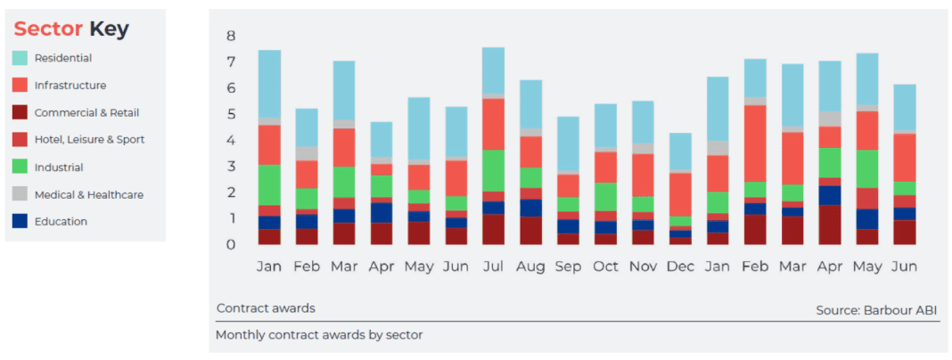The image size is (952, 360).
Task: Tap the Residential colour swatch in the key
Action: [x=20, y=58]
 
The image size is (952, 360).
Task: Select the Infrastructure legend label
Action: [x=70, y=86]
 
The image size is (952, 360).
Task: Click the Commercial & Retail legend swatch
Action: [x=20, y=113]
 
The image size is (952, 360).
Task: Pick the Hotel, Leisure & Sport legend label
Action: [x=89, y=140]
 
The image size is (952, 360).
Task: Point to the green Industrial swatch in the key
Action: [x=20, y=168]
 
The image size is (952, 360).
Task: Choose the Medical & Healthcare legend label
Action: [x=89, y=194]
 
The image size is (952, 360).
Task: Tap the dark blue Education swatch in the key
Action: [x=20, y=222]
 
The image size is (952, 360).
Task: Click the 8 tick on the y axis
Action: [x=230, y=37]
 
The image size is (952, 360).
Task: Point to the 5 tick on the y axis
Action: [x=230, y=115]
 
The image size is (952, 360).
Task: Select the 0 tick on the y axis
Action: [x=230, y=245]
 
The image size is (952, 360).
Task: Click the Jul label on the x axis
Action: [x=493, y=266]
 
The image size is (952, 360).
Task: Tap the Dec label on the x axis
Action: [x=680, y=266]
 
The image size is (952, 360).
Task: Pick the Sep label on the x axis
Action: [x=568, y=266]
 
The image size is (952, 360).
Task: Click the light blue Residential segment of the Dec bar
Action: [x=680, y=151]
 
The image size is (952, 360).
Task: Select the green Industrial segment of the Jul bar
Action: [x=493, y=170]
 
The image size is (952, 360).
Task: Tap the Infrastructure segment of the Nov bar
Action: [x=643, y=175]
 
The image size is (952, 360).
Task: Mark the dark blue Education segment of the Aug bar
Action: [x=530, y=208]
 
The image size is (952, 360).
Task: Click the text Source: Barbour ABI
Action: [x=876, y=310]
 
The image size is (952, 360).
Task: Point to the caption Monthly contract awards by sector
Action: [x=319, y=335]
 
